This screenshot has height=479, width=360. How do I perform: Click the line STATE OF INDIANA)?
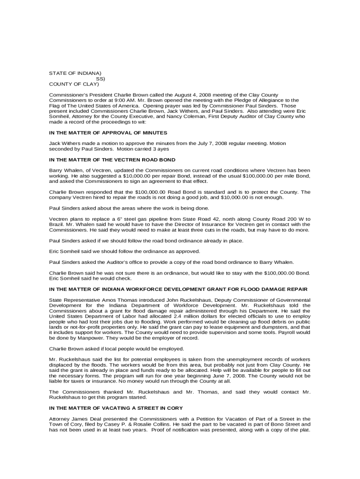click(75, 73)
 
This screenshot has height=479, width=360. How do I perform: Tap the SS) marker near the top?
click(101, 79)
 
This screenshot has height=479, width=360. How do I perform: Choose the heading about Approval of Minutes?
click(108, 133)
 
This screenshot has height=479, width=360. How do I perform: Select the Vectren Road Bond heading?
click(112, 160)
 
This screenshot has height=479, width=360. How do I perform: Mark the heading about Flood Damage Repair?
click(178, 289)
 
